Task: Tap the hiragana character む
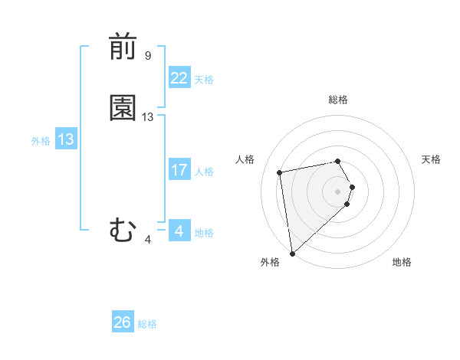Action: [x=123, y=231]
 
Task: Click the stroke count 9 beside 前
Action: [x=148, y=56]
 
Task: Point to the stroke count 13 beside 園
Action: [x=148, y=117]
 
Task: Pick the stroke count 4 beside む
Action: [x=148, y=240]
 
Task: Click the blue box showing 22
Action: [x=179, y=78]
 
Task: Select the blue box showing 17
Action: [x=179, y=170]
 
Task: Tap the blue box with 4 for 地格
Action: [x=179, y=231]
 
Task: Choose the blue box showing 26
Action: [x=123, y=322]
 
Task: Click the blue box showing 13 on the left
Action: [x=65, y=139]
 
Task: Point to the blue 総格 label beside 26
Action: [x=147, y=324]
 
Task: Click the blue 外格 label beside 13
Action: [x=41, y=141]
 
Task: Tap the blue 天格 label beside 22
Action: [x=204, y=80]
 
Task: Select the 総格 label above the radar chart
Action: [x=338, y=100]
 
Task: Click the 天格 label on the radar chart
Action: [x=432, y=159]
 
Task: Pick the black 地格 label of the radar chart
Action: [x=402, y=262]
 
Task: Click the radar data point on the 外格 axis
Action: [x=292, y=253]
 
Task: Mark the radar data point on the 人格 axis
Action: [x=280, y=172]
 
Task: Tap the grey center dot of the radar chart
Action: [x=338, y=190]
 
